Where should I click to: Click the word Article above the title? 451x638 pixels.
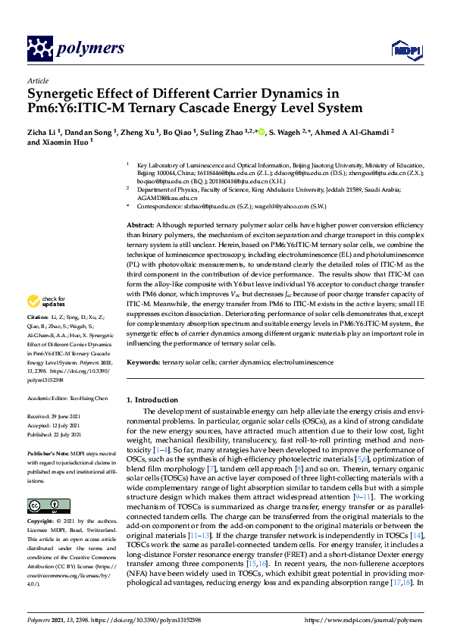37,80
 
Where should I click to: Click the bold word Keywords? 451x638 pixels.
143,362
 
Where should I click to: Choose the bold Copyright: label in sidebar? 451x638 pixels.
43,522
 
